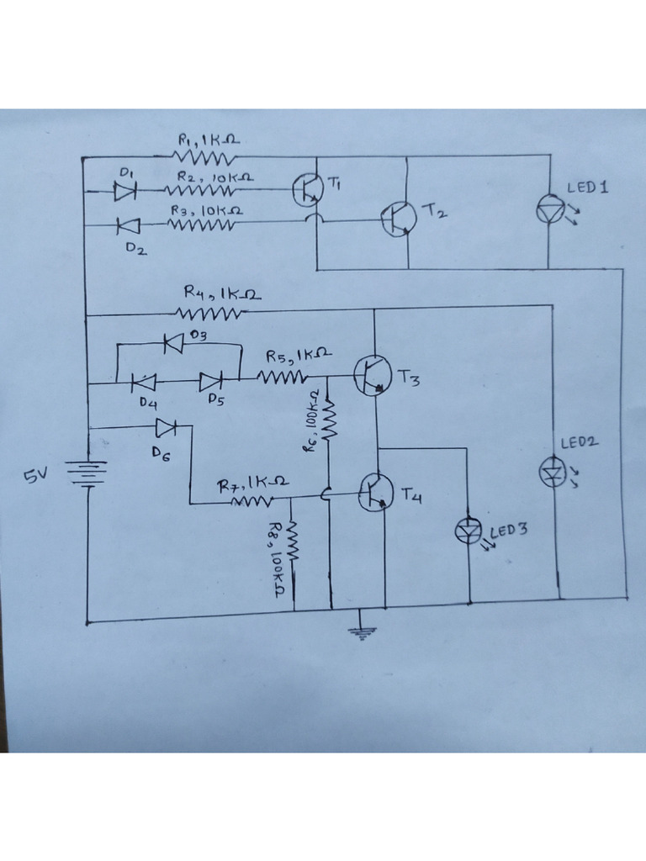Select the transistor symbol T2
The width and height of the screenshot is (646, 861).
[x=397, y=219]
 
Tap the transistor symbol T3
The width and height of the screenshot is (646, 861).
[x=373, y=376]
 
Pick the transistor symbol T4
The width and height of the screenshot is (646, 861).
[x=375, y=492]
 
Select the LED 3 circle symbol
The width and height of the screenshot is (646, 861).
[x=469, y=529]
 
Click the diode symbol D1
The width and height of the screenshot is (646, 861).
[x=124, y=191]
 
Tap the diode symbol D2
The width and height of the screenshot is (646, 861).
[x=128, y=224]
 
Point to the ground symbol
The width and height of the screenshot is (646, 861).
[x=360, y=632]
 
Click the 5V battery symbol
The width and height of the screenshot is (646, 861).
[x=86, y=474]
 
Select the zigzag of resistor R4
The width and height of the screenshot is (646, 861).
[x=209, y=314]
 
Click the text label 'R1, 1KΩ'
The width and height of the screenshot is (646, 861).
[x=208, y=140]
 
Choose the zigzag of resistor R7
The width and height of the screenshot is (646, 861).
[x=252, y=501]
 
